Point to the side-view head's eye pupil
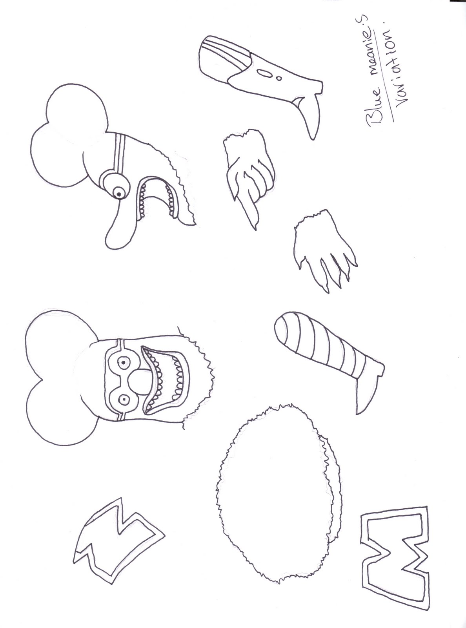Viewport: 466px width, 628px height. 119,194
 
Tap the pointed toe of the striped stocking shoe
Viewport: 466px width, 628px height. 358,413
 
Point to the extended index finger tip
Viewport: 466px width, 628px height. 255,228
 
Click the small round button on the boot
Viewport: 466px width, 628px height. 279,77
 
